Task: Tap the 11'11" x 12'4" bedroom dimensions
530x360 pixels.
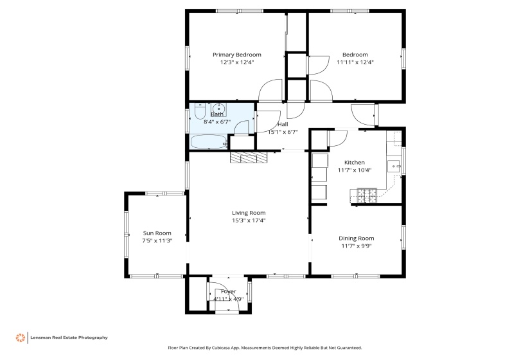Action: pos(355,62)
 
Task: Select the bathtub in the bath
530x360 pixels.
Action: pos(208,142)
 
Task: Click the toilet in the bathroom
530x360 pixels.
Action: pos(199,110)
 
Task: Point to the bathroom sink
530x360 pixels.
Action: pos(219,108)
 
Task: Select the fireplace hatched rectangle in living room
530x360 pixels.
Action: pos(248,158)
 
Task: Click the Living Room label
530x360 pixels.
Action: pos(249,213)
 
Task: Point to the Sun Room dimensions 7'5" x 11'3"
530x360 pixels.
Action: pos(157,240)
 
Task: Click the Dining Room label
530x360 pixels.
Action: pos(356,239)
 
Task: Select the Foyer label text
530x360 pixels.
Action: pos(228,291)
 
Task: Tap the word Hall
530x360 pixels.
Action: pos(283,124)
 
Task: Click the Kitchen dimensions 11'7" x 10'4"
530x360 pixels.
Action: pos(355,170)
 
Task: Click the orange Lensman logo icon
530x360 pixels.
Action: pos(21,337)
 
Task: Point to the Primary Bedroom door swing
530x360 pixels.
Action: pos(270,91)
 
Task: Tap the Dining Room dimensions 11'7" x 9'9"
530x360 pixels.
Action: pos(356,246)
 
